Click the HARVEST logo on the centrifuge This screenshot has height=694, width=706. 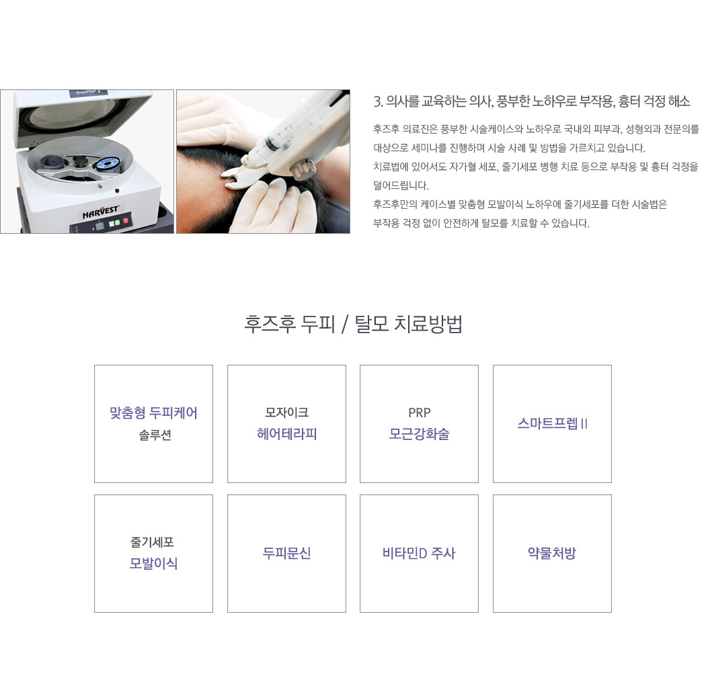tap(101, 212)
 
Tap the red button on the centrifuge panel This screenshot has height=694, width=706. tap(126, 220)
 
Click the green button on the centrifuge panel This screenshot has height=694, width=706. tap(117, 222)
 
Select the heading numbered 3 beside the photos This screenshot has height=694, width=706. tap(531, 101)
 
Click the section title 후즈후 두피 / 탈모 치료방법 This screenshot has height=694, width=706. tap(353, 324)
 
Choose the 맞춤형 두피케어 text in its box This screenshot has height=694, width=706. tap(153, 413)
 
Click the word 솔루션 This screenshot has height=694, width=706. tap(155, 435)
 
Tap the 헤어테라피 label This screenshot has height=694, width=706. tap(287, 433)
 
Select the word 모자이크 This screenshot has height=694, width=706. tap(287, 412)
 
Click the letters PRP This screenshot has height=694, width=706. tap(419, 413)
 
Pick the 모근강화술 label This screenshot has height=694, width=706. tap(419, 433)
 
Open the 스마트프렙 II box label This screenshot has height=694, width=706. tap(553, 423)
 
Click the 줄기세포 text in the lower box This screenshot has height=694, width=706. tap(152, 542)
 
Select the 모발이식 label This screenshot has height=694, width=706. tap(153, 563)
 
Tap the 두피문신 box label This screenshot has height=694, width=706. tap(287, 553)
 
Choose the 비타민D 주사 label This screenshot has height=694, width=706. tap(419, 553)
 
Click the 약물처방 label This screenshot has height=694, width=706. tap(552, 553)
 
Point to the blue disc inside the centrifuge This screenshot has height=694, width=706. tap(108, 164)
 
